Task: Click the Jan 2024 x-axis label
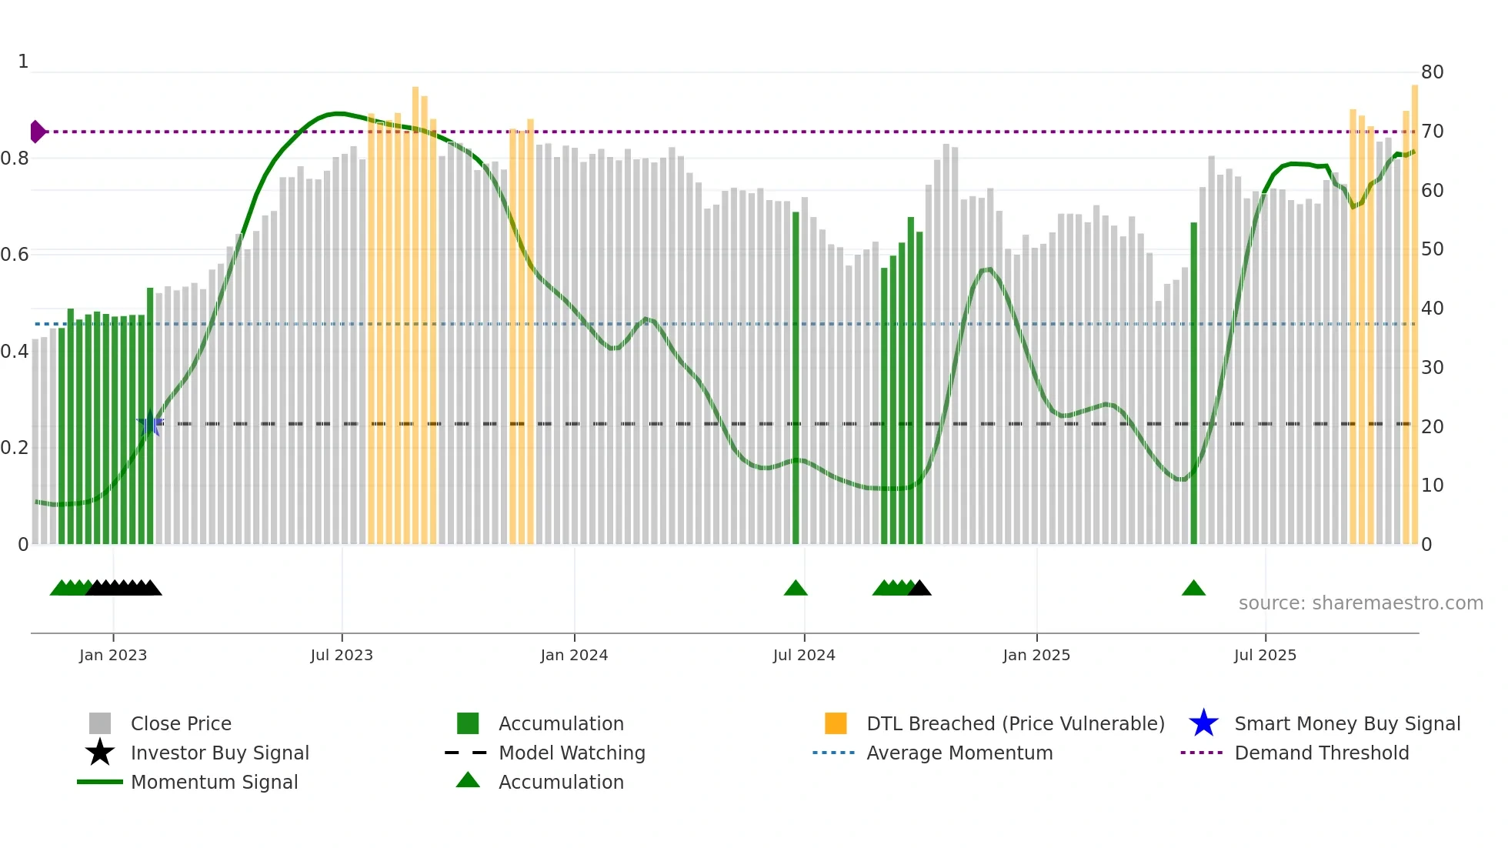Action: pyautogui.click(x=574, y=655)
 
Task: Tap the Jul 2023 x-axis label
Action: pyautogui.click(x=342, y=655)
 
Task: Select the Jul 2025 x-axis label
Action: pyautogui.click(x=1265, y=655)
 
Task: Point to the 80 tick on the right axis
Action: pyautogui.click(x=1432, y=72)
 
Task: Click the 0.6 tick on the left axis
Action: pyautogui.click(x=15, y=255)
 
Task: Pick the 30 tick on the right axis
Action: pyautogui.click(x=1432, y=368)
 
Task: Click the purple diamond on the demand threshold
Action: pyautogui.click(x=37, y=132)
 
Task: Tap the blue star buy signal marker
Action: pyautogui.click(x=148, y=425)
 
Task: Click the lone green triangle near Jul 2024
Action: pyautogui.click(x=796, y=589)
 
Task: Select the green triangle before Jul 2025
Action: pyautogui.click(x=1193, y=589)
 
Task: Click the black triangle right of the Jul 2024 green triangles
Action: pyautogui.click(x=919, y=589)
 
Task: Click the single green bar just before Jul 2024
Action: pyautogui.click(x=796, y=377)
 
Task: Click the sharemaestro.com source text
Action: pyautogui.click(x=1360, y=603)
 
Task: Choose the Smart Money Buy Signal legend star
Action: pyautogui.click(x=1203, y=723)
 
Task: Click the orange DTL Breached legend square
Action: pyautogui.click(x=836, y=723)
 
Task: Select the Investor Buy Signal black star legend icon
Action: pyautogui.click(x=100, y=753)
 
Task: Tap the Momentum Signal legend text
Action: pyautogui.click(x=214, y=782)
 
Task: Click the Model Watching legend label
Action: pyautogui.click(x=572, y=753)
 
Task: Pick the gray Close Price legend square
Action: pyautogui.click(x=100, y=723)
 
